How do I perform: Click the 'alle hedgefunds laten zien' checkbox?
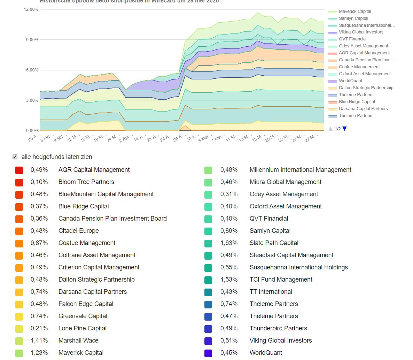coord(15,157)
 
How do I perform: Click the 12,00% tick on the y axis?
coord(31,9)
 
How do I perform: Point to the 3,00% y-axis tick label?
coord(32,100)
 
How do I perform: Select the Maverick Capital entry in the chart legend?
coord(354,12)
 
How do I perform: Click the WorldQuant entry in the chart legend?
coord(350,81)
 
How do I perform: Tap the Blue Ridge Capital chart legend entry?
coord(357,102)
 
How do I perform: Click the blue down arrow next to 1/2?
coord(345,129)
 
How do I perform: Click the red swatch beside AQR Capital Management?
coord(19,170)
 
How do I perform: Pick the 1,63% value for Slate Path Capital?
coord(229,243)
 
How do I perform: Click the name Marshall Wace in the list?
coord(78,340)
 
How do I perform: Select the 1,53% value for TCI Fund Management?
coord(229,279)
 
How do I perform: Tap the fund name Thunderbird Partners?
coord(278,328)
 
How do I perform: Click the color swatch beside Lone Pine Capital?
coord(19,329)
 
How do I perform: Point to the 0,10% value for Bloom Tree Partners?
coord(39,182)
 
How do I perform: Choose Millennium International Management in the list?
coord(300,170)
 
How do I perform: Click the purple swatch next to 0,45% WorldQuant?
coord(208,353)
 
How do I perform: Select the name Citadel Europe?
coord(78,231)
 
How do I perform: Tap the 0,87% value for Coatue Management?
coord(39,243)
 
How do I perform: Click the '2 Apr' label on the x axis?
coord(126,138)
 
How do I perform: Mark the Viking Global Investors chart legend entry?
coord(361,32)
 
